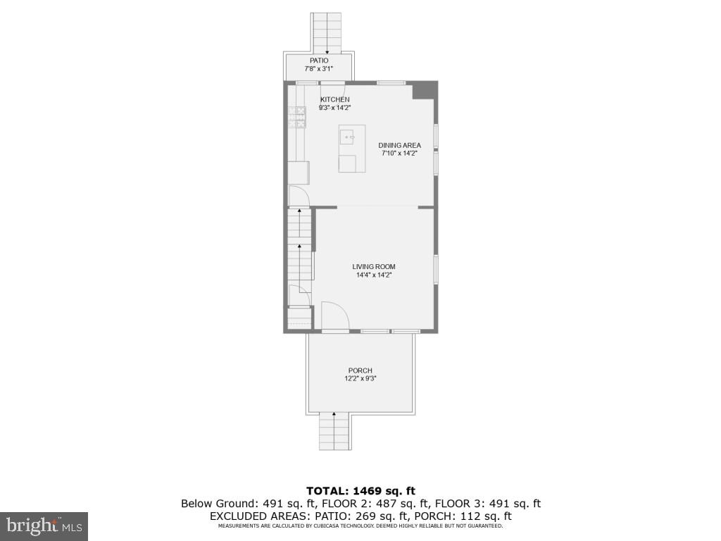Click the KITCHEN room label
point(334,99)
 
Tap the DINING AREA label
point(399,145)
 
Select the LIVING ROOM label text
point(373,266)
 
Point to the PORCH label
point(360,371)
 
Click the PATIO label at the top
point(318,61)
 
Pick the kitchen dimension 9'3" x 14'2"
point(334,108)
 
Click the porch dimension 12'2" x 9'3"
point(360,379)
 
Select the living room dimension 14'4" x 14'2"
point(373,275)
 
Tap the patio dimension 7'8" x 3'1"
point(318,69)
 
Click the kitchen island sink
point(348,136)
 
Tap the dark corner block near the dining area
point(423,91)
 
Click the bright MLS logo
point(44,526)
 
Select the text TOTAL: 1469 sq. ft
point(360,490)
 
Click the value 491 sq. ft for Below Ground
point(292,503)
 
